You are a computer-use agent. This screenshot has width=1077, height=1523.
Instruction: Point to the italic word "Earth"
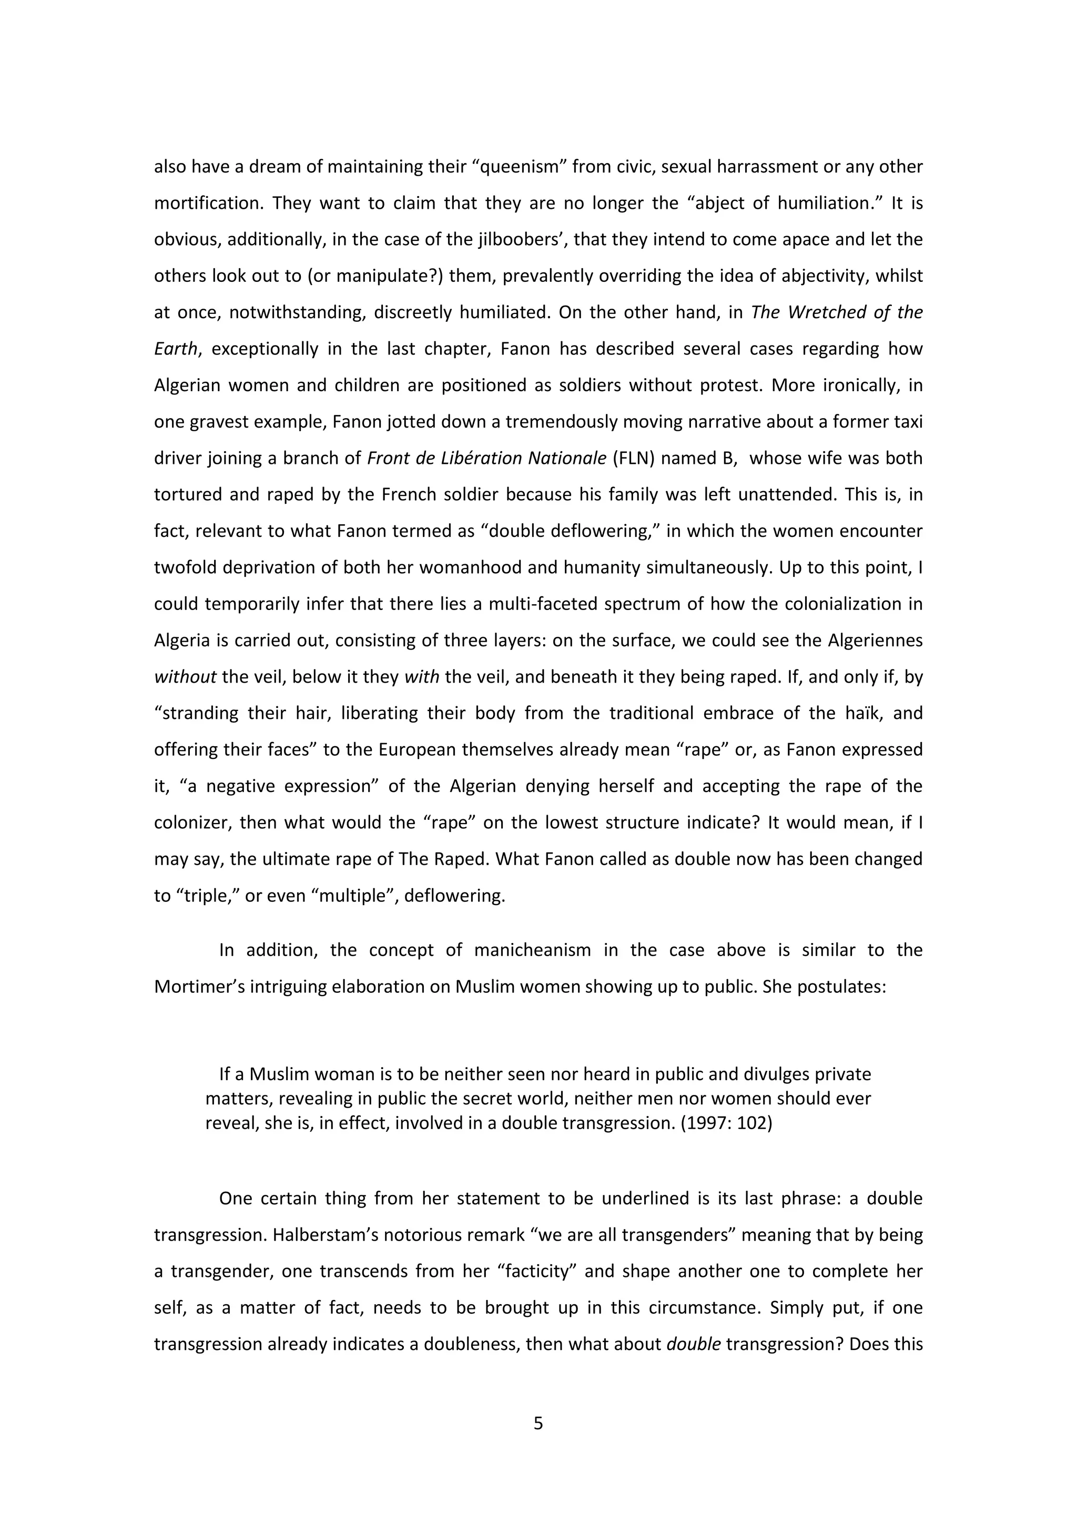coord(176,349)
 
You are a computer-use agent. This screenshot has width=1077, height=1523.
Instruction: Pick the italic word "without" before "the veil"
coord(185,677)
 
